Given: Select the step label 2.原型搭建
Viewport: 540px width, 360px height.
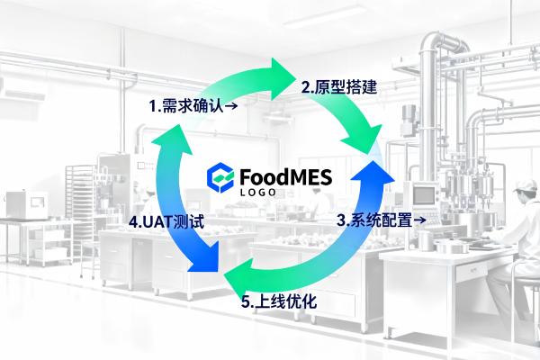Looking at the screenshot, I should pyautogui.click(x=338, y=87).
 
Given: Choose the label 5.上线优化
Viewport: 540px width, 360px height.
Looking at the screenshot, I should pyautogui.click(x=279, y=301).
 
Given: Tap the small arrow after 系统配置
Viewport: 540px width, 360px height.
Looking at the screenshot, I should pyautogui.click(x=419, y=220).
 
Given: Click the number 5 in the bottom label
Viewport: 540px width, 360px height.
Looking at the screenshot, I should pyautogui.click(x=246, y=302).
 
